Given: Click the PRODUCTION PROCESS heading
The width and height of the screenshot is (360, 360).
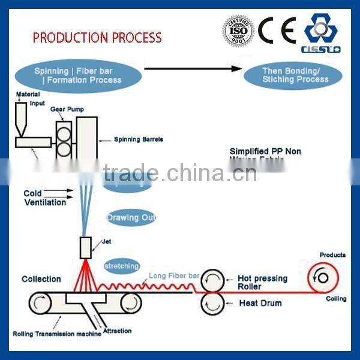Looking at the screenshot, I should (x=97, y=37).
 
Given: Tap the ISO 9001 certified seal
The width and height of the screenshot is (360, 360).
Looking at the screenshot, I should (x=238, y=29).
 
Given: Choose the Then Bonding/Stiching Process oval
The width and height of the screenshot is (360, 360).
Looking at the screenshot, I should (x=295, y=74).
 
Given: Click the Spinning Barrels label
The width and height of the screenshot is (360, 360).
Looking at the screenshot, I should (x=139, y=140).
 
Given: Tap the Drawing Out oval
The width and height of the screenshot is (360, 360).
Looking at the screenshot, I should (x=131, y=217).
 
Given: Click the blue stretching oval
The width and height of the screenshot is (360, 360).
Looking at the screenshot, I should (x=122, y=265).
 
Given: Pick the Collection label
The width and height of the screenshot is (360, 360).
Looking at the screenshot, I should (x=41, y=279).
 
